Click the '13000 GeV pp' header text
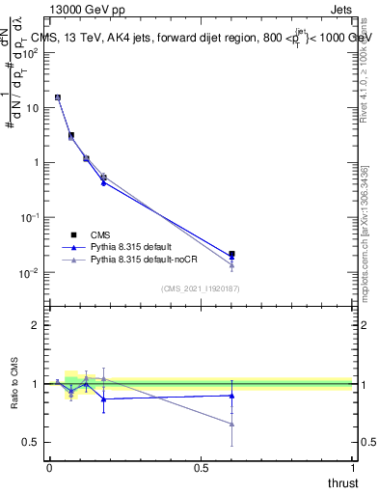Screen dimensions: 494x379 coord(93,10)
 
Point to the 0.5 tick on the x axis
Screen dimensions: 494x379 coord(202,468)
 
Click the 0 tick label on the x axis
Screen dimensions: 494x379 coord(49,468)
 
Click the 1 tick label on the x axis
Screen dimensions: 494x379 coord(352,468)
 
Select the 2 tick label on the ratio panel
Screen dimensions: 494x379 coord(36,325)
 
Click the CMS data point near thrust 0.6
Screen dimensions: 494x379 coord(231,254)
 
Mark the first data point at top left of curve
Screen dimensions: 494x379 coord(58,97)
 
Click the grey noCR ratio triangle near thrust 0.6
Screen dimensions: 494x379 coord(231,424)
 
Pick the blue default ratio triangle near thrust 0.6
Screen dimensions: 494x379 coord(231,396)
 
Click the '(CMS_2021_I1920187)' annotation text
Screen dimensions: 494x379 coord(200,288)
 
